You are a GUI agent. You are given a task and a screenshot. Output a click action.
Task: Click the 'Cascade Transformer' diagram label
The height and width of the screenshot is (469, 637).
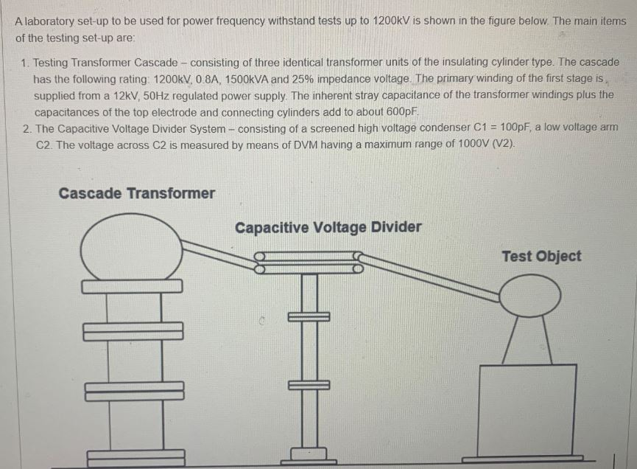coord(136,193)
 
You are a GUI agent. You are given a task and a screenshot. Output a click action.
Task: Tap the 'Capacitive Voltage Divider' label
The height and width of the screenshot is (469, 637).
coord(328,227)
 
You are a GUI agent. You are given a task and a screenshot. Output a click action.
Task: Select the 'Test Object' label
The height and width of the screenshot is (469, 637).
coord(541,256)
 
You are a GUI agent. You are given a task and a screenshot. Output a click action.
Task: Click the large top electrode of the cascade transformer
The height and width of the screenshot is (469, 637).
coord(131,246)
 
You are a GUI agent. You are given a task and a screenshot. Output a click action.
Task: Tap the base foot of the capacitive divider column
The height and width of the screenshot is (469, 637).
coord(309,454)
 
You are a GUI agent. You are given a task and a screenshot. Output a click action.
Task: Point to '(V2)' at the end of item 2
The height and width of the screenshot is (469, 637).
coord(502,144)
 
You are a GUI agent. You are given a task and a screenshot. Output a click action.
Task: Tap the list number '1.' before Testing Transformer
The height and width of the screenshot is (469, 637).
coord(26,63)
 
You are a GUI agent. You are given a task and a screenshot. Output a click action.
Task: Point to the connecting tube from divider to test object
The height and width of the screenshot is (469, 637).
coord(431,277)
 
